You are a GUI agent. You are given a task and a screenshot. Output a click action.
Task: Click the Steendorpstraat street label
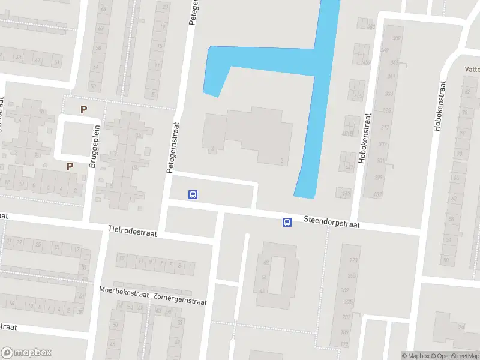point(331,222)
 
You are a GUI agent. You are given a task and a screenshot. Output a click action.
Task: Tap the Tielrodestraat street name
point(133,231)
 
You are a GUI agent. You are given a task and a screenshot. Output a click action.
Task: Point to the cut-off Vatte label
point(472,70)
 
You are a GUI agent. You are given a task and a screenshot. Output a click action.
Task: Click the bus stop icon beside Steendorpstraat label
point(287,223)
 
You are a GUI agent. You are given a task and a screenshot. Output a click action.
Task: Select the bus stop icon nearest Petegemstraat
point(193,194)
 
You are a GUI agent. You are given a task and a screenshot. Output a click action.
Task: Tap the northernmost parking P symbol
point(84,109)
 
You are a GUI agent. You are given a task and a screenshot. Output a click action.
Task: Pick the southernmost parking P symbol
point(70,167)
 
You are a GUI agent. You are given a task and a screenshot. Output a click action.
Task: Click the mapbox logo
point(26,353)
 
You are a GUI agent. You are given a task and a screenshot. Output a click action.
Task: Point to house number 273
point(353,260)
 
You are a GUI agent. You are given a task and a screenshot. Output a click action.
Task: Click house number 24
point(461,327)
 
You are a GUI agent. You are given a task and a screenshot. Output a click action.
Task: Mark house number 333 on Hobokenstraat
point(388,94)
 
